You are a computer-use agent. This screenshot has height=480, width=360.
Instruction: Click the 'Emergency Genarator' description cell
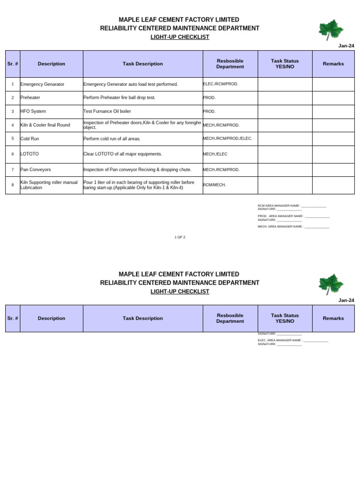click(x=42, y=84)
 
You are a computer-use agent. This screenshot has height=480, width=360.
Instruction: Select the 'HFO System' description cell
click(x=33, y=112)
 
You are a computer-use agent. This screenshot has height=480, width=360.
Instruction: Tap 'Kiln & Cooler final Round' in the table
click(x=45, y=125)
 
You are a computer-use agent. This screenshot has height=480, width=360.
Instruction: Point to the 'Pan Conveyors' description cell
click(x=36, y=169)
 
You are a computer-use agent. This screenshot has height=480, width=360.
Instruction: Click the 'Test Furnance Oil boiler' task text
click(x=107, y=112)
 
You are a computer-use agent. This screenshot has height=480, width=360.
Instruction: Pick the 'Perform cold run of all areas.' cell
click(x=112, y=139)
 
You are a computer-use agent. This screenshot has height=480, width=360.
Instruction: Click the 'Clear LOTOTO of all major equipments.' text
click(x=122, y=154)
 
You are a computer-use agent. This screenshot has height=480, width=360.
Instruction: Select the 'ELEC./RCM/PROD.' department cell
click(x=221, y=84)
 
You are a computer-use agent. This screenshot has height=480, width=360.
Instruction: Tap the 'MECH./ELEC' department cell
click(x=215, y=154)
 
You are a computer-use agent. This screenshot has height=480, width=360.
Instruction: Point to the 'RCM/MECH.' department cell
click(x=214, y=185)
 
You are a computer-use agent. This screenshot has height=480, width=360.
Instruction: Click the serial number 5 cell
click(x=13, y=139)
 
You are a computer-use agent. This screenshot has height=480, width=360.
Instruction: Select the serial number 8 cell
click(x=13, y=185)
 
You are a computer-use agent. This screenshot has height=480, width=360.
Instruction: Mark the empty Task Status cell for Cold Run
click(x=285, y=139)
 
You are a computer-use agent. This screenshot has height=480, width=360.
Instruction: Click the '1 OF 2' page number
click(x=180, y=237)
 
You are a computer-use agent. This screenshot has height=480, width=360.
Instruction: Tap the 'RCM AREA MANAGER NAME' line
click(x=292, y=206)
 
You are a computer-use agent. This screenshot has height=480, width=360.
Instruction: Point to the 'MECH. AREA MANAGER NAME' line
click(x=293, y=226)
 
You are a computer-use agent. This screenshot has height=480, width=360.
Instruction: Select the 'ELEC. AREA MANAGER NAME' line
click(x=293, y=340)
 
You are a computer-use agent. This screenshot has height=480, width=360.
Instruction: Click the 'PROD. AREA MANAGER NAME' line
click(x=293, y=216)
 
